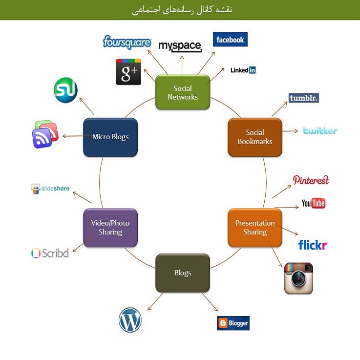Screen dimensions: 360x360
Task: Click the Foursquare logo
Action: (127, 42)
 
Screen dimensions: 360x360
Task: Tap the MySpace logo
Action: (180, 46)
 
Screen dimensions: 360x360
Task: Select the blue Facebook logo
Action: (230, 40)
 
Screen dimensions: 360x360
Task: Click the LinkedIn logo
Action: (243, 70)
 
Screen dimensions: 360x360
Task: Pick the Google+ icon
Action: (128, 72)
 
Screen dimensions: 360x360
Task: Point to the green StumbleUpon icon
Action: (65, 90)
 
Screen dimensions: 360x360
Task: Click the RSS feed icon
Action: (45, 134)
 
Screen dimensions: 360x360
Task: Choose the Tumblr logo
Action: (303, 98)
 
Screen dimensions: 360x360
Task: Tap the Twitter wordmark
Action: (320, 130)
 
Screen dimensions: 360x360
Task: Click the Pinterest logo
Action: (311, 180)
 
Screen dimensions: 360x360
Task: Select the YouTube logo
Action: (313, 203)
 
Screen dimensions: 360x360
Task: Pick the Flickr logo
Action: (313, 245)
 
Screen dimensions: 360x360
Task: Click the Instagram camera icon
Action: (298, 278)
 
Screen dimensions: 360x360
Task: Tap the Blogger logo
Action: (233, 323)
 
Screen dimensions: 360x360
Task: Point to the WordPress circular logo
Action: (130, 321)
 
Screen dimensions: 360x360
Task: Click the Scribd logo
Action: (50, 254)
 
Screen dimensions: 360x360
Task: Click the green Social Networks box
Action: (183, 92)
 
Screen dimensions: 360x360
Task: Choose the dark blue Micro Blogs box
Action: (110, 137)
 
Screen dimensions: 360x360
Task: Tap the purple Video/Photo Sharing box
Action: (110, 228)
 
